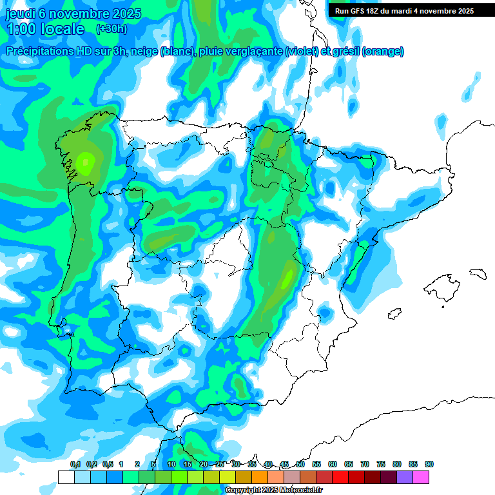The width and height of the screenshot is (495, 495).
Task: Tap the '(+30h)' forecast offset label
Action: click(x=112, y=29)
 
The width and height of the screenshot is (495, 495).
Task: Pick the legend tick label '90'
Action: click(x=429, y=464)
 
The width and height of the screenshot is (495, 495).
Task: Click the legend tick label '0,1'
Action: click(x=75, y=464)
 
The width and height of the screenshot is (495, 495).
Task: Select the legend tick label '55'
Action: click(x=316, y=464)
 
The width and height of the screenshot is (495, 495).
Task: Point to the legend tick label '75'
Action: click(x=381, y=464)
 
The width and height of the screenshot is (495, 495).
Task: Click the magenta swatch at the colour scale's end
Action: click(x=421, y=477)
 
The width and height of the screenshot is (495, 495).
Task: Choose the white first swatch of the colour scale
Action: click(x=66, y=477)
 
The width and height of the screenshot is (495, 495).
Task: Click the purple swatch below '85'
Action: click(x=405, y=477)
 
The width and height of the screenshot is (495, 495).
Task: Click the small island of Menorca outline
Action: click(x=477, y=273)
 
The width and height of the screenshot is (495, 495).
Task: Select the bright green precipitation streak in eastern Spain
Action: click(x=286, y=279)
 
